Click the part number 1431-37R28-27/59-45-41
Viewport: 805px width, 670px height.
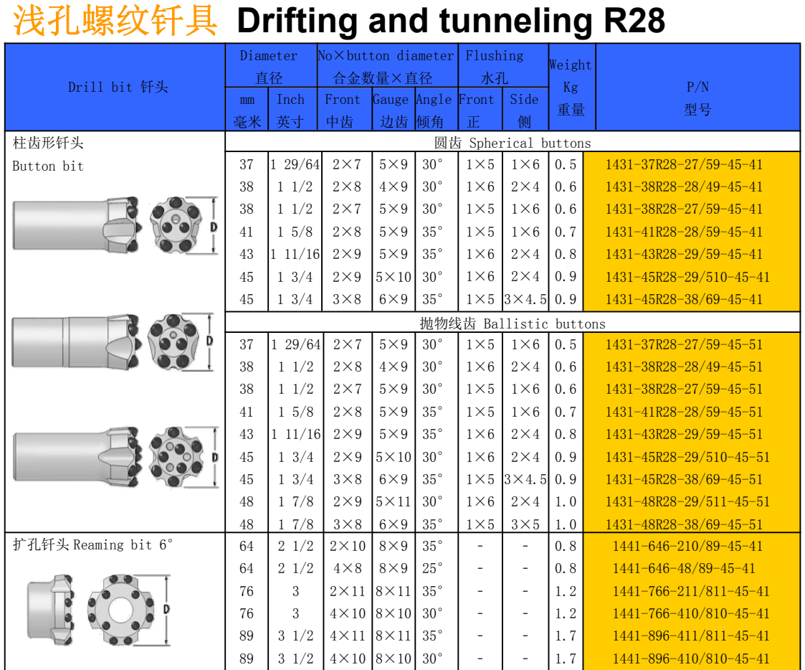click(684, 164)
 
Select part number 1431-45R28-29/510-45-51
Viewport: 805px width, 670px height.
click(687, 457)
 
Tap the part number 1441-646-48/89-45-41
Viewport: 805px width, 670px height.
click(684, 568)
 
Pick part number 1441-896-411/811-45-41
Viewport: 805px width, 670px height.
click(691, 636)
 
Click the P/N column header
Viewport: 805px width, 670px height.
click(697, 98)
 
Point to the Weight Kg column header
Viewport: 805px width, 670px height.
click(571, 87)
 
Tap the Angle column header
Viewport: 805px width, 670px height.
click(434, 110)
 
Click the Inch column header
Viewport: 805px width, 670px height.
click(290, 110)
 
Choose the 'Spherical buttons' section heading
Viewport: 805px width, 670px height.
click(530, 143)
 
